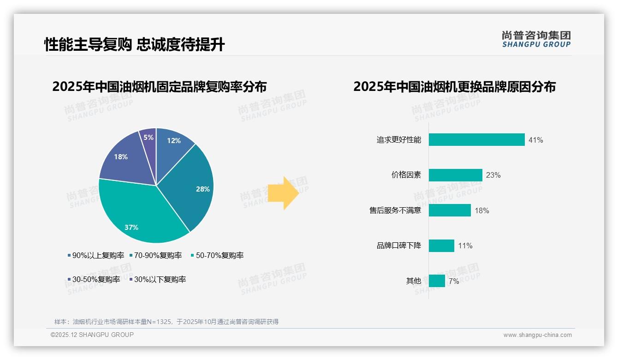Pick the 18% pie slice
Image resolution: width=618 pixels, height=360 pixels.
pyautogui.click(x=124, y=159)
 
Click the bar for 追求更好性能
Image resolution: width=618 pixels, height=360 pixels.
pyautogui.click(x=476, y=140)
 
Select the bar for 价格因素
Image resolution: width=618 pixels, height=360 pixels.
pyautogui.click(x=455, y=175)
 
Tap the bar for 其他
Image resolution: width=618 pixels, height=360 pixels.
pyautogui.click(x=437, y=281)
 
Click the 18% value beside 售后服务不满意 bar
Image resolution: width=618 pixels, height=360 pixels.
pyautogui.click(x=481, y=210)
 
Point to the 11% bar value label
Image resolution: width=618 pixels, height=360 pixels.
pyautogui.click(x=465, y=246)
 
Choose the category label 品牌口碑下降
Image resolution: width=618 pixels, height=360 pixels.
pyautogui.click(x=398, y=246)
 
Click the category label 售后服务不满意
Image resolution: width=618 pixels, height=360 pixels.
pyautogui.click(x=395, y=210)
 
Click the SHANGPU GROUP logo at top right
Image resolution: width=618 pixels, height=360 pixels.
pyautogui.click(x=536, y=39)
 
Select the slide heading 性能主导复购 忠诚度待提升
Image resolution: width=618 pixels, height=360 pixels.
pyautogui.click(x=134, y=45)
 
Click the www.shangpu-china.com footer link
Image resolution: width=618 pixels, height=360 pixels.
pyautogui.click(x=537, y=335)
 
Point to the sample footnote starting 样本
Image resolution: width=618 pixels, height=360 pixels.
pyautogui.click(x=166, y=322)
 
